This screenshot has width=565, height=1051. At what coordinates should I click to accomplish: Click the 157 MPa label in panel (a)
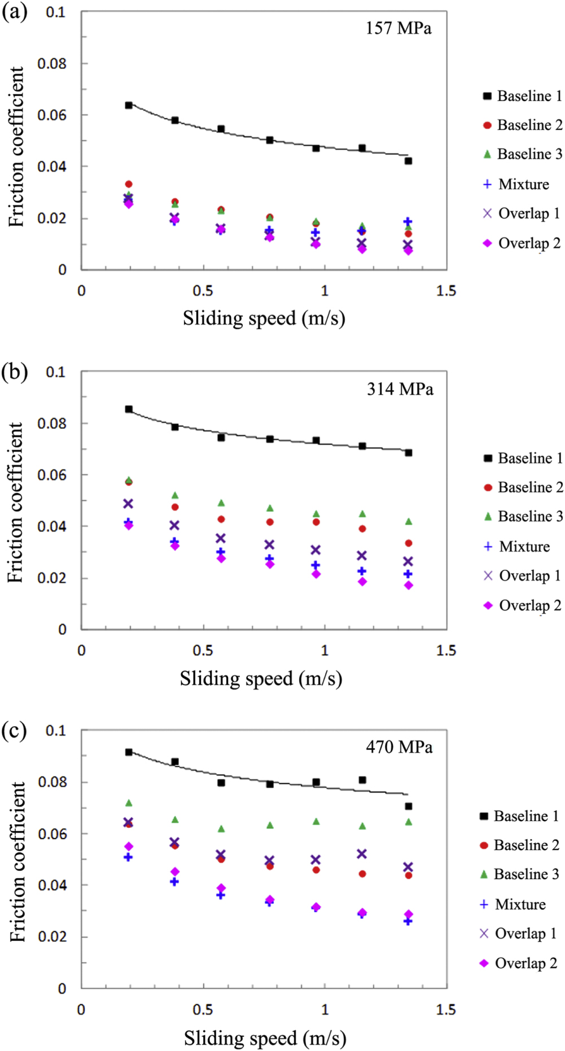[398, 28]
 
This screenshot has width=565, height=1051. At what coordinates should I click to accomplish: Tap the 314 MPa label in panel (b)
[400, 389]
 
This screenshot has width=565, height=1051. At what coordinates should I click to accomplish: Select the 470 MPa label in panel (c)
[399, 747]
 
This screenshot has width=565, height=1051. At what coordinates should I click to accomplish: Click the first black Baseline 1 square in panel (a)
[129, 105]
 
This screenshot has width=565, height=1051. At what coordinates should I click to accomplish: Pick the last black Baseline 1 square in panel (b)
[408, 453]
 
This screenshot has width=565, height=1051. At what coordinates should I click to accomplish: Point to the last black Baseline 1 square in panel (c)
[408, 806]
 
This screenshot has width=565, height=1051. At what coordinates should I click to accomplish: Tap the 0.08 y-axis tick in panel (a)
[52, 64]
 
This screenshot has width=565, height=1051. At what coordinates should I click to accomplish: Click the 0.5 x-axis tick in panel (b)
[203, 651]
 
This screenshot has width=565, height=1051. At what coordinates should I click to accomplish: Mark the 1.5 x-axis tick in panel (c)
[446, 1010]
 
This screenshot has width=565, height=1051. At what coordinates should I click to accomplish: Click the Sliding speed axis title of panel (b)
[261, 678]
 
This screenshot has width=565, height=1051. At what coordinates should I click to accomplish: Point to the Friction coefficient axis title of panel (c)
[17, 862]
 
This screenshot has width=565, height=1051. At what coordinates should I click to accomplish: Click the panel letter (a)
[14, 12]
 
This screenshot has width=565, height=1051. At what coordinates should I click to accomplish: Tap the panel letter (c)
[14, 731]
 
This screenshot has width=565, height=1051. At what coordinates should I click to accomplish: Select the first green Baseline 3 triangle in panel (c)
[129, 803]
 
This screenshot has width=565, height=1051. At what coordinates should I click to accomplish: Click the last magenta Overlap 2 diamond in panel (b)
[408, 586]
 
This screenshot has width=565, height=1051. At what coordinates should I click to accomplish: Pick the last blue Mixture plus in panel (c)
[408, 921]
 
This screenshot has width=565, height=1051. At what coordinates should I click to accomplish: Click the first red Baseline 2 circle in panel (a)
[129, 184]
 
